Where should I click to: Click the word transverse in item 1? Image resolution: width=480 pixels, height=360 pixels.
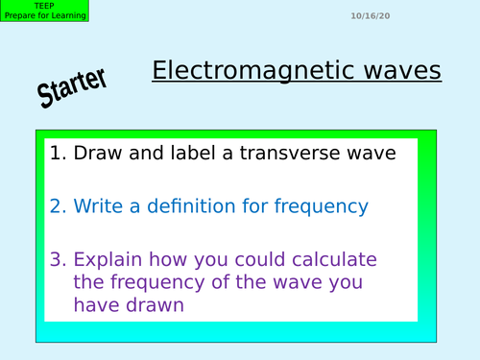293,152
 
